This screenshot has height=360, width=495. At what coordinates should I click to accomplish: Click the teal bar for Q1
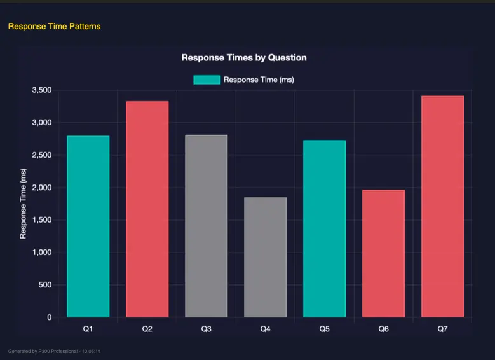click(x=88, y=226)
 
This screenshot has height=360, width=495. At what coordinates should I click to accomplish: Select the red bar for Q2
click(x=147, y=209)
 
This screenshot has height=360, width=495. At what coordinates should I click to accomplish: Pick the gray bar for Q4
click(x=265, y=257)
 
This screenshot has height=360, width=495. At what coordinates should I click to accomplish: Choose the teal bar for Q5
click(x=324, y=229)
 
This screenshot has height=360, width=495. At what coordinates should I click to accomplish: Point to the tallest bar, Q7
click(x=442, y=207)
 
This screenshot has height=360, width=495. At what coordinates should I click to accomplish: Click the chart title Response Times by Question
click(x=244, y=57)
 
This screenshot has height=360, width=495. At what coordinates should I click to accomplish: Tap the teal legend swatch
click(x=207, y=80)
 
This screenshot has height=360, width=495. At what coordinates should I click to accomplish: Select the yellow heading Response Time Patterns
click(x=54, y=26)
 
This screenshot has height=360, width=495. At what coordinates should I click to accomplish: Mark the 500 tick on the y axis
click(x=45, y=285)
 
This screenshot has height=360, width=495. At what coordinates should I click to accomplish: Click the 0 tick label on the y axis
click(x=49, y=317)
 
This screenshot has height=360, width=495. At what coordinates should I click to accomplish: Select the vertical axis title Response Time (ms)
click(x=24, y=204)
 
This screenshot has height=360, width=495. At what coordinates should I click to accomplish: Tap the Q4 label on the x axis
click(x=265, y=329)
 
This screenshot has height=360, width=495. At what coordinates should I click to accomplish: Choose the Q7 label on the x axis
click(x=442, y=329)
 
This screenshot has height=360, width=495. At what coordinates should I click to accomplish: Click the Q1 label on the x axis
click(x=88, y=329)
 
